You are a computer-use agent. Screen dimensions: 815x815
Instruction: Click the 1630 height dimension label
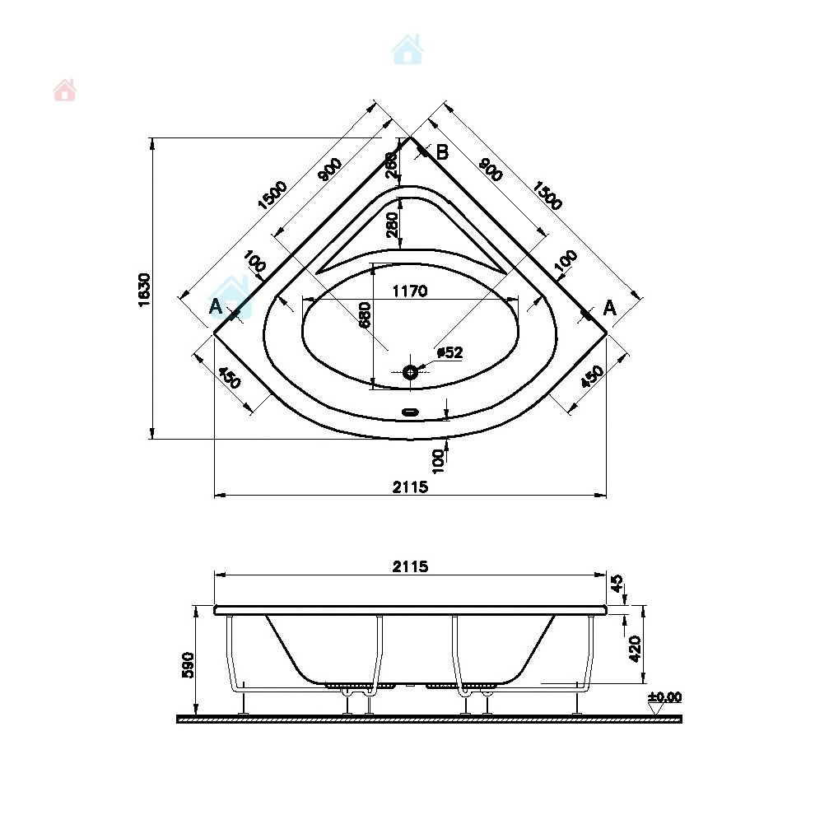(x=145, y=290)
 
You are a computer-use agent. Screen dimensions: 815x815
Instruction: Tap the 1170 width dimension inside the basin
(x=410, y=291)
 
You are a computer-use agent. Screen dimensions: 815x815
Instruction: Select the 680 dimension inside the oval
(x=365, y=314)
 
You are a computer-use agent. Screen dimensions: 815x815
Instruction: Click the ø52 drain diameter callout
(x=449, y=352)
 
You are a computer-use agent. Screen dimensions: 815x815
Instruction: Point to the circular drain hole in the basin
(x=411, y=371)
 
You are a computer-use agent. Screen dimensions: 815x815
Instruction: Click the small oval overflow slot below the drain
(x=411, y=412)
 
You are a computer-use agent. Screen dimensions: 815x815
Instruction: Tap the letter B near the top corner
(x=442, y=152)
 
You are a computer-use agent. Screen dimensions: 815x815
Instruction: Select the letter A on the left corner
(x=216, y=307)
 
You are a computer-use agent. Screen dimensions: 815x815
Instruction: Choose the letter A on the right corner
(x=609, y=308)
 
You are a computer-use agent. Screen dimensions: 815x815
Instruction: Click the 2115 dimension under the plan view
(x=410, y=487)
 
